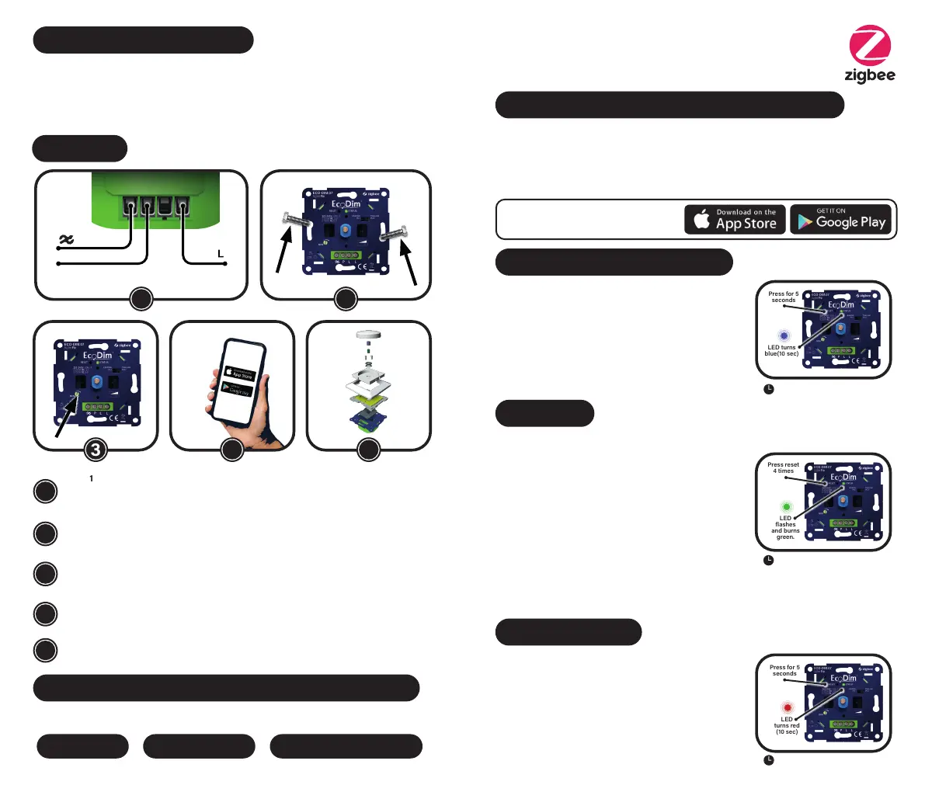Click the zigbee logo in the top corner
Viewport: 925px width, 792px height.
pyautogui.click(x=870, y=54)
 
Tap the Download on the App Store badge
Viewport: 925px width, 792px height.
pyautogui.click(x=735, y=220)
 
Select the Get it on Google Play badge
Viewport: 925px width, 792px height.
pyautogui.click(x=842, y=220)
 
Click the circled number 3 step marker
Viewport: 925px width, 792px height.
pyautogui.click(x=95, y=450)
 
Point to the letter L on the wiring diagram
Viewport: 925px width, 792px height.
pyautogui.click(x=221, y=254)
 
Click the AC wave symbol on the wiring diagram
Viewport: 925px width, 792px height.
pyautogui.click(x=66, y=240)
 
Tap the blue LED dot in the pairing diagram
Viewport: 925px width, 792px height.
pyautogui.click(x=784, y=336)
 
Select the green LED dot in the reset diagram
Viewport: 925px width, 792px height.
pyautogui.click(x=786, y=506)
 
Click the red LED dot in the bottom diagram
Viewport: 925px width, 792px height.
pyautogui.click(x=787, y=708)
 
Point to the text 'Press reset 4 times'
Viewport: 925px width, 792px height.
pyautogui.click(x=783, y=468)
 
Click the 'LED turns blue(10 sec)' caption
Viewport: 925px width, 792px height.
pyautogui.click(x=781, y=351)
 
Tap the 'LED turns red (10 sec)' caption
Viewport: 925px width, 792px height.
pyautogui.click(x=787, y=725)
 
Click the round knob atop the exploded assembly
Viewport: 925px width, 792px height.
pyautogui.click(x=369, y=335)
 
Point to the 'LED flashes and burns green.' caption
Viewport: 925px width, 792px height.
pyautogui.click(x=785, y=527)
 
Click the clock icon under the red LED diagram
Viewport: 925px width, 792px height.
pyautogui.click(x=768, y=760)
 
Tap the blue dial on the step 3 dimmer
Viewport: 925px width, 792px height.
pyautogui.click(x=97, y=381)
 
